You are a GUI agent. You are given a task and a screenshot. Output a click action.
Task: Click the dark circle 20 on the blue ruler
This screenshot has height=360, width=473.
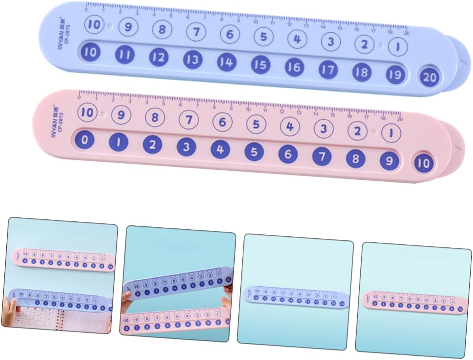429,77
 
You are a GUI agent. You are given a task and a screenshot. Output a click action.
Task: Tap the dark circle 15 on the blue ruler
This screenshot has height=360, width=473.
260,65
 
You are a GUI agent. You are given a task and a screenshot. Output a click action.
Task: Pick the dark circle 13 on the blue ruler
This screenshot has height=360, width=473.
192,60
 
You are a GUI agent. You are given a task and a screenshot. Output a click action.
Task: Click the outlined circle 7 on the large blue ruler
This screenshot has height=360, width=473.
196,32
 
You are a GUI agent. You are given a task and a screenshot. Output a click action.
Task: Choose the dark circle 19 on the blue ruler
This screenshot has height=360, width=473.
395,74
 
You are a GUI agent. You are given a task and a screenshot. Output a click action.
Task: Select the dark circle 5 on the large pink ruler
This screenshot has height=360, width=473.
254,151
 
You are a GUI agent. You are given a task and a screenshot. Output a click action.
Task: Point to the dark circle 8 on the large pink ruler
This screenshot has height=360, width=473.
356,159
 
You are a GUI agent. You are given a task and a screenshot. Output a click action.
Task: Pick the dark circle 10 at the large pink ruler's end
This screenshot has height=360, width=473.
423,163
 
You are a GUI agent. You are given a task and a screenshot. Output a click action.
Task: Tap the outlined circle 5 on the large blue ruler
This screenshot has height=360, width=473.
264,37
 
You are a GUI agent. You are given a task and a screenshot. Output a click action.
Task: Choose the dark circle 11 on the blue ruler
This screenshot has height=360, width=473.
124,55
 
